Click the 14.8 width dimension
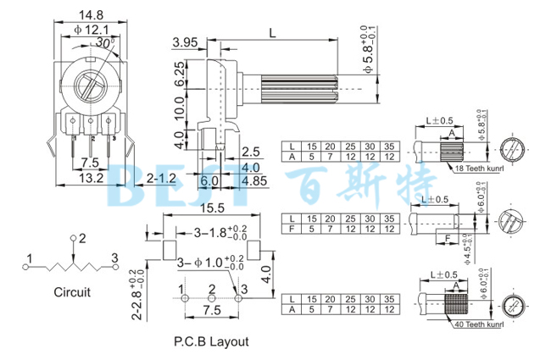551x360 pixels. click(x=91, y=14)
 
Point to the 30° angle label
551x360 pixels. click(x=106, y=42)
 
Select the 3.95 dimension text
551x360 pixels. click(x=185, y=42)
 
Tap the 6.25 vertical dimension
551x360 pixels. click(x=180, y=75)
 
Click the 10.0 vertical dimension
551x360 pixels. click(x=180, y=108)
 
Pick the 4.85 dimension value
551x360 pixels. click(x=255, y=180)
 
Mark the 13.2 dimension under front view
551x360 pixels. click(x=92, y=178)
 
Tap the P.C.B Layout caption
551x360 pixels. click(x=211, y=341)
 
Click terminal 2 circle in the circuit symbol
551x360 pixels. click(x=73, y=238)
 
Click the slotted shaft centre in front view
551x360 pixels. click(x=91, y=87)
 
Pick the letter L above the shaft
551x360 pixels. click(x=271, y=33)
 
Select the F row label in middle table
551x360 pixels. click(x=292, y=229)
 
